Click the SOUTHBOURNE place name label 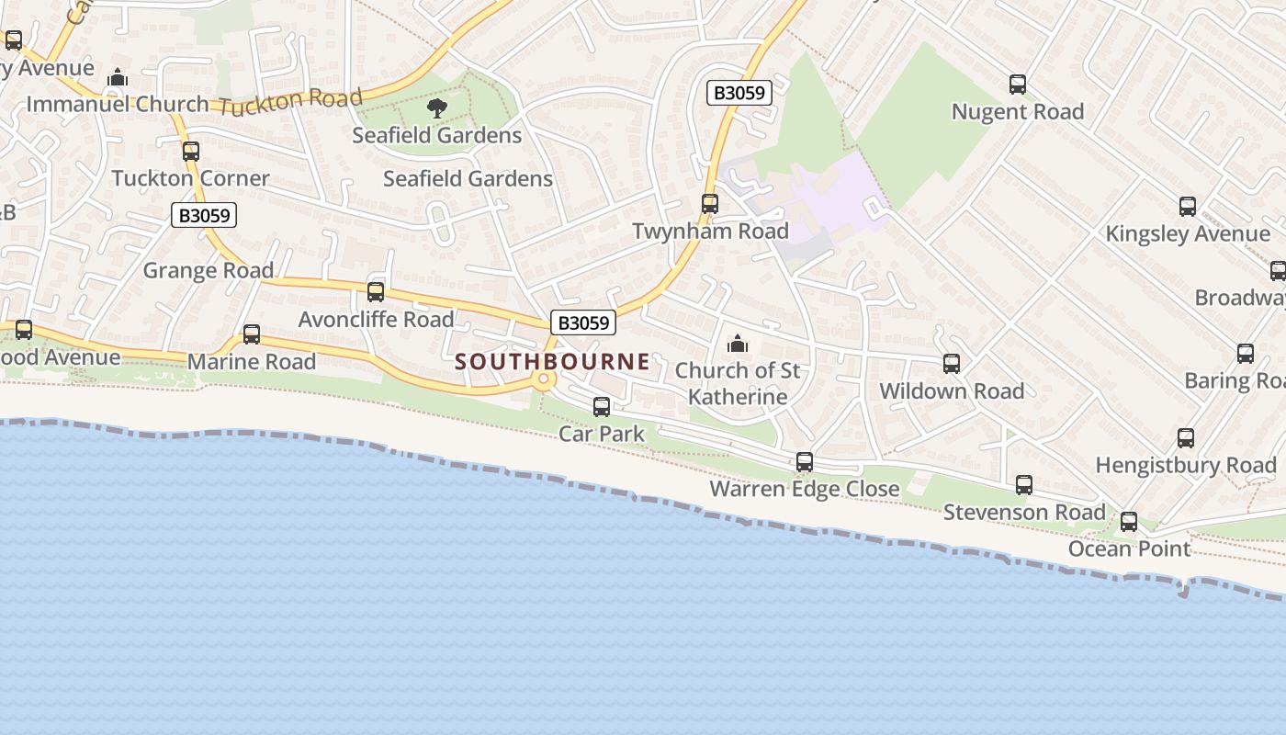(x=552, y=362)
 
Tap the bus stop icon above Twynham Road (x=710, y=204)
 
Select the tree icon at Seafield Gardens (x=437, y=109)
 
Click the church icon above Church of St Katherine (x=737, y=345)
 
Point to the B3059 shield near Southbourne (x=583, y=322)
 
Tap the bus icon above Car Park (x=602, y=406)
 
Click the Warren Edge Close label (x=804, y=489)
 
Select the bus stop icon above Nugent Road (x=1018, y=85)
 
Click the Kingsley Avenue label (x=1187, y=234)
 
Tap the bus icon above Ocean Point (x=1129, y=522)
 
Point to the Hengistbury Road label (x=1186, y=466)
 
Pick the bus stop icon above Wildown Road (x=952, y=364)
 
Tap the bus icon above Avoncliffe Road (x=376, y=292)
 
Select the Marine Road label (x=252, y=362)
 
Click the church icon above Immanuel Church (x=118, y=78)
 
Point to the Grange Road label (x=209, y=271)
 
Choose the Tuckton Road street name (x=292, y=101)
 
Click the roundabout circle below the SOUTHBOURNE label (x=545, y=379)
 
